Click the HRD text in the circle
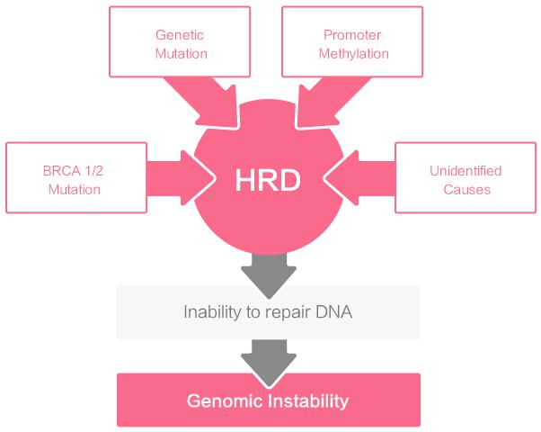click(x=268, y=180)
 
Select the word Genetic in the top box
click(x=180, y=35)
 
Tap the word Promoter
click(x=352, y=35)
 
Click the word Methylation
click(x=354, y=54)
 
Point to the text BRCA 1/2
click(x=73, y=171)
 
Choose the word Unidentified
click(x=466, y=171)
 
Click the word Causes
click(x=466, y=189)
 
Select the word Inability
click(x=212, y=311)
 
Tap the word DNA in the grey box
click(x=333, y=312)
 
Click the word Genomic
click(x=225, y=401)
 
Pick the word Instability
click(x=308, y=400)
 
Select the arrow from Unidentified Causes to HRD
click(x=359, y=178)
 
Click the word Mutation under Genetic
click(x=182, y=54)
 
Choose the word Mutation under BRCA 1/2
click(x=75, y=189)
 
